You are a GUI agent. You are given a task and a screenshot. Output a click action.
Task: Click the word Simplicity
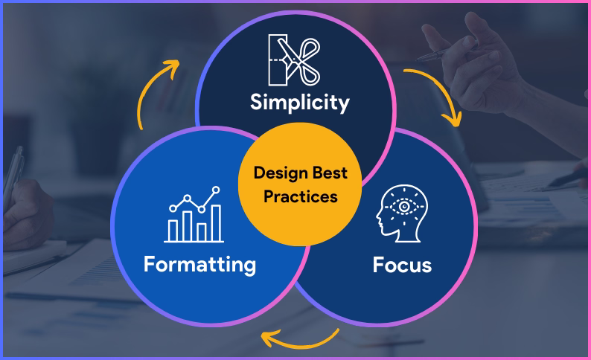[x=299, y=102]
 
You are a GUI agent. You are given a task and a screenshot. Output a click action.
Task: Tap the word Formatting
[x=199, y=264]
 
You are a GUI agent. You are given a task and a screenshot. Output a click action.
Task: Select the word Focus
[x=402, y=265]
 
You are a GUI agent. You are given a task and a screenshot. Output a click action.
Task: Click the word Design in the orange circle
[x=281, y=173]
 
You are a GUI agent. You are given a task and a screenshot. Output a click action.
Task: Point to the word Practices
[x=301, y=197]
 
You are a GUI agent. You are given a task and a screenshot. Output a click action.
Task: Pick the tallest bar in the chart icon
[x=217, y=223]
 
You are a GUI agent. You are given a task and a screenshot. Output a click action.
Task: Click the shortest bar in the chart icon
[x=173, y=230]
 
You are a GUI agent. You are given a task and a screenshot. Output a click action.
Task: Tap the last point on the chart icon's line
[x=217, y=190]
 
